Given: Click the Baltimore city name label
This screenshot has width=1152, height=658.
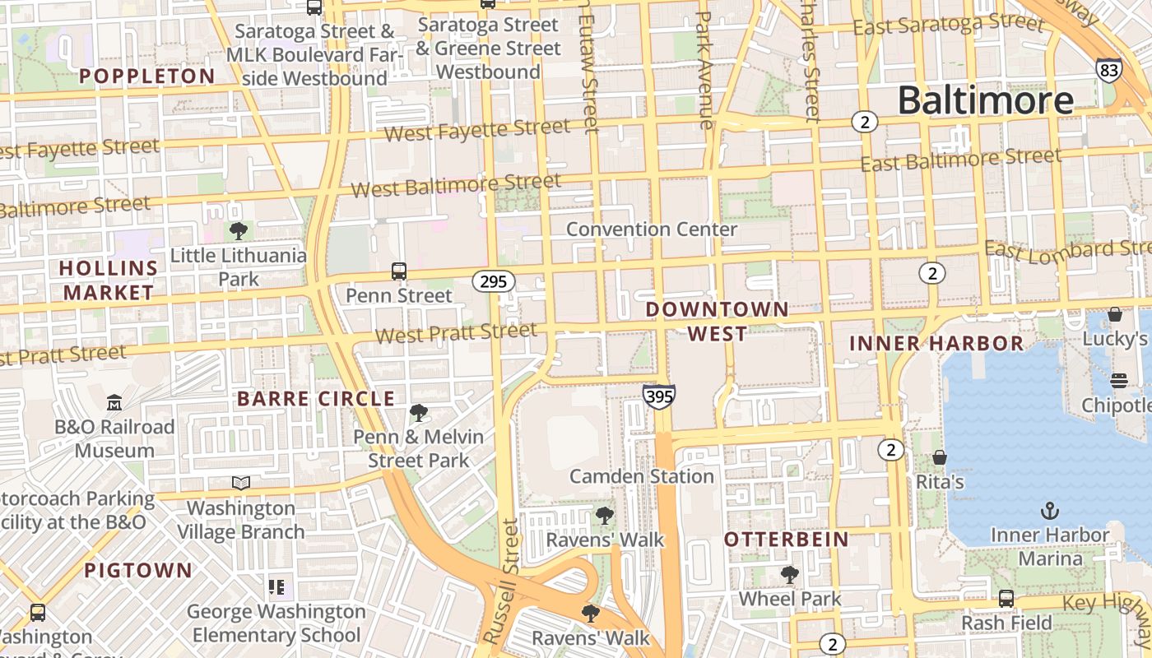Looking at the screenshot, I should (985, 100).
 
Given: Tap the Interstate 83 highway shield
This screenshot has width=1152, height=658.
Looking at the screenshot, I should (1108, 70).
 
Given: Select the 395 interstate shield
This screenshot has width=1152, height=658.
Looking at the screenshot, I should (659, 396).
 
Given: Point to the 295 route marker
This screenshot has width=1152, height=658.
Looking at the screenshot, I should (493, 281).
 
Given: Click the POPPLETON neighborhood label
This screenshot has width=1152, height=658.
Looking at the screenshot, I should (147, 76).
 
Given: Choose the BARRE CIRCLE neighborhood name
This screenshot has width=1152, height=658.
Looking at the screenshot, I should (316, 399).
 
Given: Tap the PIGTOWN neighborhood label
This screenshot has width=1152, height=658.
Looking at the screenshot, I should (138, 570).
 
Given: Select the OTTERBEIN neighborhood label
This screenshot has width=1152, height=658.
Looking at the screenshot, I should (786, 540).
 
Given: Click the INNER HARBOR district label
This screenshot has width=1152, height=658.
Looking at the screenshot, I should (936, 343).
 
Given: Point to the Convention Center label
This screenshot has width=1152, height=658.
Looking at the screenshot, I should (652, 229).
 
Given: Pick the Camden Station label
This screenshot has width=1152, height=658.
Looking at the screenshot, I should (642, 476).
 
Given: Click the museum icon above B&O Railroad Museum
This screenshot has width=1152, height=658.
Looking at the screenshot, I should (114, 403).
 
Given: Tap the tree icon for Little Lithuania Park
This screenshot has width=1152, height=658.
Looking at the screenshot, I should (239, 230).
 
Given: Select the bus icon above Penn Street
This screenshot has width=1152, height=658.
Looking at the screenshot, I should (399, 271).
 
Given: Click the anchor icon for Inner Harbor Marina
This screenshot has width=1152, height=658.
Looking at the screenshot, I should (1049, 511).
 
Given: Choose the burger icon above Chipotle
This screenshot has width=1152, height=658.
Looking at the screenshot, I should (1118, 381).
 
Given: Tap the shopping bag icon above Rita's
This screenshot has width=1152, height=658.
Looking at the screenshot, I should (939, 457).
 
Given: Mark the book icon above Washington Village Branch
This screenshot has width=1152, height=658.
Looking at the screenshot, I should (240, 483).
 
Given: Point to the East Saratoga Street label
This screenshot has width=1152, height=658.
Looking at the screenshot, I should (948, 25).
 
